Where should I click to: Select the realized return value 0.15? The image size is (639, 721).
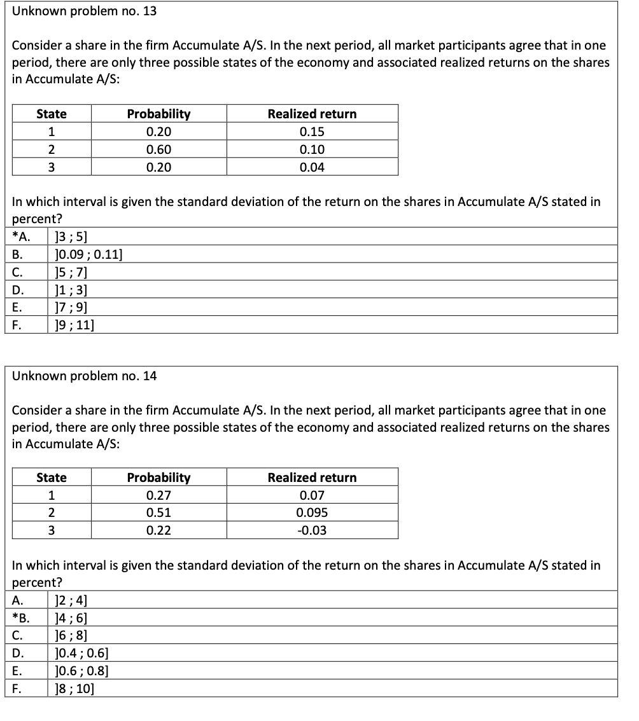pyautogui.click(x=312, y=132)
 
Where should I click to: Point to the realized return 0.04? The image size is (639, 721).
pyautogui.click(x=312, y=167)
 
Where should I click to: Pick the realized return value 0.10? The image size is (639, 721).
pyautogui.click(x=312, y=149)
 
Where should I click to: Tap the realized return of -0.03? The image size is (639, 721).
pyautogui.click(x=312, y=530)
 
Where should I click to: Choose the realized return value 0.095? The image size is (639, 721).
pyautogui.click(x=312, y=512)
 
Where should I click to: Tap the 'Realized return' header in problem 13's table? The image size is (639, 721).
pyautogui.click(x=312, y=114)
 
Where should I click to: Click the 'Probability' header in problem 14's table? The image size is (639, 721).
pyautogui.click(x=158, y=477)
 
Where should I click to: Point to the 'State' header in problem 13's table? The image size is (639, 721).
pyautogui.click(x=52, y=114)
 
